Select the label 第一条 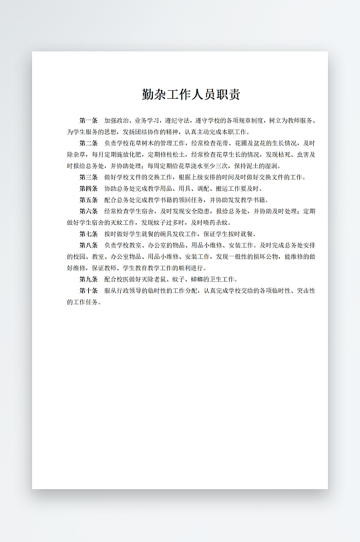click(x=88, y=120)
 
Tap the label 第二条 click(x=88, y=143)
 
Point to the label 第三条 click(x=88, y=177)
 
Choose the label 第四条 click(x=88, y=188)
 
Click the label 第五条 click(x=88, y=200)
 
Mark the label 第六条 click(x=88, y=211)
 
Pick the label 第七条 click(x=88, y=234)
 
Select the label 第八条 click(x=88, y=245)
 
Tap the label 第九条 click(x=88, y=279)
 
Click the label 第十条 click(x=88, y=290)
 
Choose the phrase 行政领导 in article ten click(x=132, y=290)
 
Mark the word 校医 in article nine click(x=125, y=279)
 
